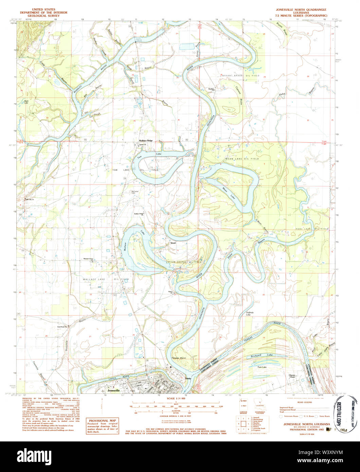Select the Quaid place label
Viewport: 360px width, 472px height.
173,243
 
